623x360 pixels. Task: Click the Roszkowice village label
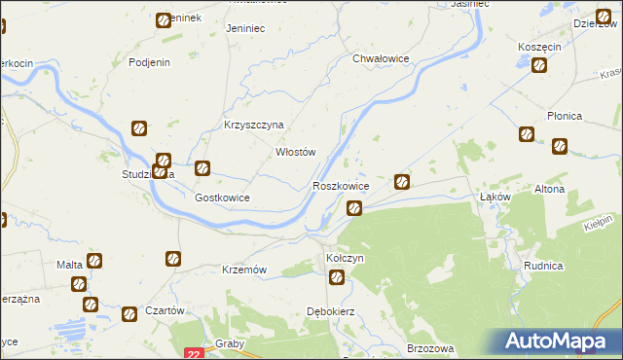pyautogui.click(x=340, y=186)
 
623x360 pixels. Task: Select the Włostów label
pyautogui.click(x=297, y=152)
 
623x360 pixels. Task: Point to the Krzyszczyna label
pyautogui.click(x=253, y=126)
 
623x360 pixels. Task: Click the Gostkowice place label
pyautogui.click(x=223, y=198)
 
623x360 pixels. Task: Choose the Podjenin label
pyautogui.click(x=150, y=62)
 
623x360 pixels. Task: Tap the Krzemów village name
pyautogui.click(x=244, y=270)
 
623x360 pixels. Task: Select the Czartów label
pyautogui.click(x=165, y=309)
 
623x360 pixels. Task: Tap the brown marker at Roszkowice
pyautogui.click(x=355, y=206)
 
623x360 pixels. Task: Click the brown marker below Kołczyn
pyautogui.click(x=337, y=278)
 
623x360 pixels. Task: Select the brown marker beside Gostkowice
pyautogui.click(x=202, y=168)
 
